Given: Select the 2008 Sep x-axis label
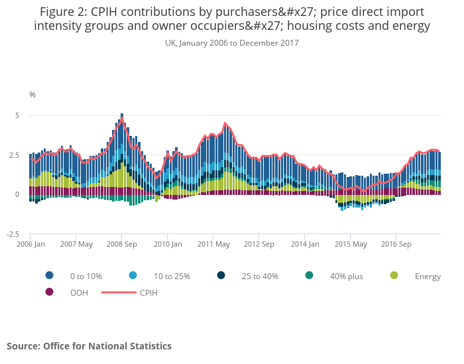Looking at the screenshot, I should point(121,244).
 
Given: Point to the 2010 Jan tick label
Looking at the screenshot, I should point(168,244).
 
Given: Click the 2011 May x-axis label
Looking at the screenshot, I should point(213,244).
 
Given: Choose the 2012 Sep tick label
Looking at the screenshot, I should point(259,244).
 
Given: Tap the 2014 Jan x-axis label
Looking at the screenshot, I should point(305,244).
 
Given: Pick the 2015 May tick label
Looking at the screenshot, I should point(351,244).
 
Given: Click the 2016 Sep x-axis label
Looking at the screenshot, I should point(396,244).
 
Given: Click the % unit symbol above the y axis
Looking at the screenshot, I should point(32,95).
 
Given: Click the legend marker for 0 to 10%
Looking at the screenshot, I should point(49,276).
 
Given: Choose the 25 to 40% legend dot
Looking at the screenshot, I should point(221,276).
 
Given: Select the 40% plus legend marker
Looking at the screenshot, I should point(310,276).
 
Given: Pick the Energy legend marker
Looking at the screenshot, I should point(394,276).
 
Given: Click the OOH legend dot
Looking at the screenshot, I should point(49,292).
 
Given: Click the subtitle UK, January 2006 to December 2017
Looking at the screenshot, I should point(232,43).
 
